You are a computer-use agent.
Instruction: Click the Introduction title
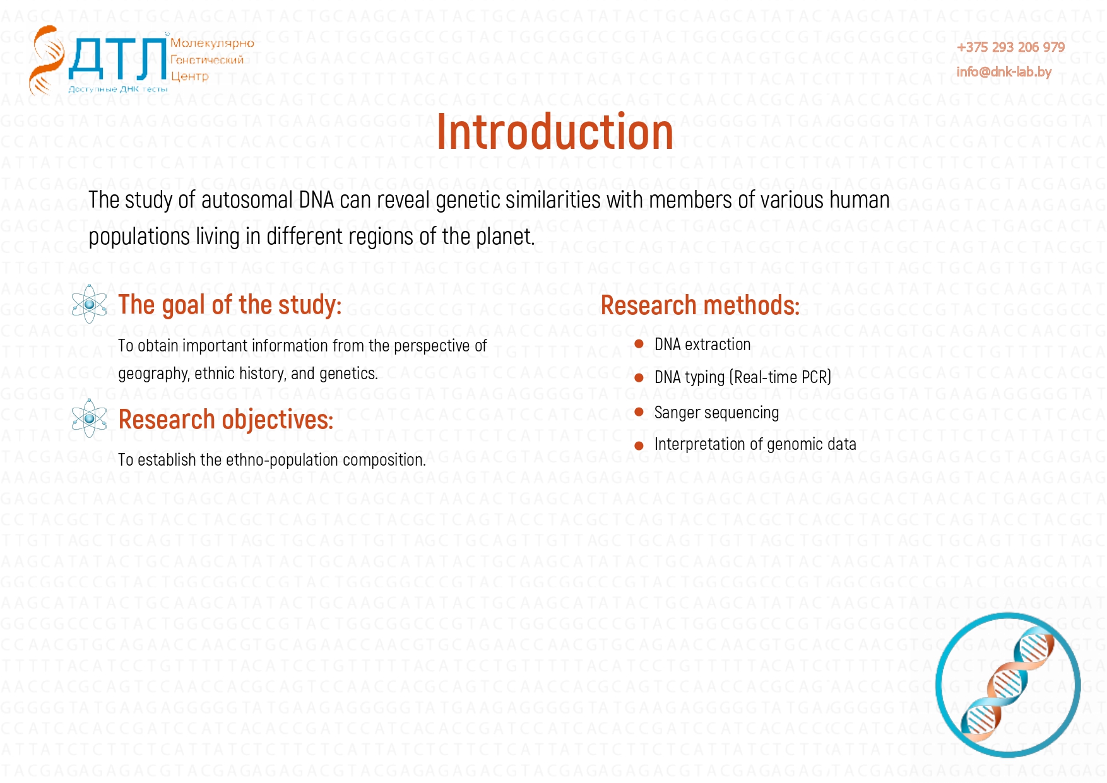(x=555, y=132)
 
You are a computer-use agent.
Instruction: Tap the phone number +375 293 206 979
(x=1010, y=47)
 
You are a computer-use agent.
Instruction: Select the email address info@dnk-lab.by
(x=1004, y=72)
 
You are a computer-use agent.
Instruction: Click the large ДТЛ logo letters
(x=117, y=59)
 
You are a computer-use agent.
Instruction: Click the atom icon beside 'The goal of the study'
(x=89, y=304)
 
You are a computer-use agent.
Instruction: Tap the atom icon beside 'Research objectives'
(x=89, y=418)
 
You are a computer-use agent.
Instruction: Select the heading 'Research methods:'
(x=700, y=305)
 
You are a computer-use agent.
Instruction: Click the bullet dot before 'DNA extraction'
(x=639, y=344)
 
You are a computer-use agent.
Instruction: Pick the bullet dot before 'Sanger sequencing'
(x=639, y=412)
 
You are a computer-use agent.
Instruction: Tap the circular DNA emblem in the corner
(x=1008, y=685)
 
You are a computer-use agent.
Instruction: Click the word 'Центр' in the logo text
(x=189, y=76)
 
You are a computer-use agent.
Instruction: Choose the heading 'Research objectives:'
(x=226, y=420)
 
